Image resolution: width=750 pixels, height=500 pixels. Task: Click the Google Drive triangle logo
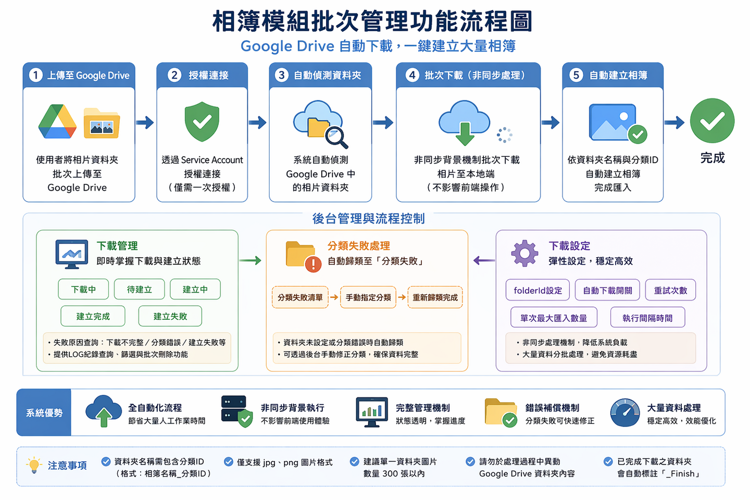click(x=57, y=122)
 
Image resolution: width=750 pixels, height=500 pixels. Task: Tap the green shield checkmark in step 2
click(x=202, y=122)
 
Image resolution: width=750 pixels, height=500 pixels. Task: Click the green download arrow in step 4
click(x=465, y=134)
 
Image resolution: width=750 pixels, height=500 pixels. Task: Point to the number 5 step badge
click(x=576, y=75)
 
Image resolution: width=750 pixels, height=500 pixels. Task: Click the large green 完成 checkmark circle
click(x=712, y=121)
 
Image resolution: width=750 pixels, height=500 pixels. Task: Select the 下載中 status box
click(x=83, y=289)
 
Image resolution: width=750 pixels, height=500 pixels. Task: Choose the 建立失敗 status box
click(x=170, y=316)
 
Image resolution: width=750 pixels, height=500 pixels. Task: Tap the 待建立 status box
click(x=139, y=289)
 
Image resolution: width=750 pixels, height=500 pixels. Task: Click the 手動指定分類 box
click(x=368, y=297)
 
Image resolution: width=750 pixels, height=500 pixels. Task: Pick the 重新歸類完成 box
click(x=435, y=297)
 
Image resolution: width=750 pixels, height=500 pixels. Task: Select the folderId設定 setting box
click(x=537, y=290)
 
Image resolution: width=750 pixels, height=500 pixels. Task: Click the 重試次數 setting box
click(x=670, y=290)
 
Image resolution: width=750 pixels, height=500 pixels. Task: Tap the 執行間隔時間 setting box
click(x=647, y=318)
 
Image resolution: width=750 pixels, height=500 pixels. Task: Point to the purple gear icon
click(x=524, y=254)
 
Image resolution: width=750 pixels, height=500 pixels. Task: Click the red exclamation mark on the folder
click(x=313, y=264)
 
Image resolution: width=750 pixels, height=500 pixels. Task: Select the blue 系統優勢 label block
click(x=44, y=413)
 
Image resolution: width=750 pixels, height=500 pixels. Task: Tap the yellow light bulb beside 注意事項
click(x=34, y=465)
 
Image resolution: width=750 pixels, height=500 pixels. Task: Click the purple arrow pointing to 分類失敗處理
click(x=484, y=260)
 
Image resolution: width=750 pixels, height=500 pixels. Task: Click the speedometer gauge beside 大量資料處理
click(x=625, y=413)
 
